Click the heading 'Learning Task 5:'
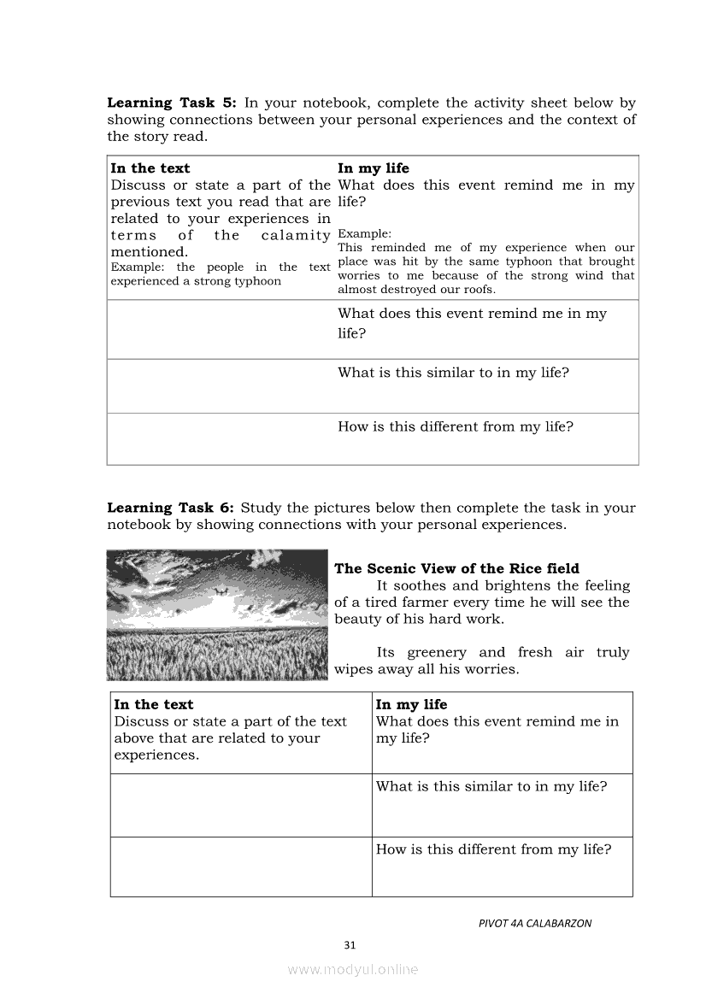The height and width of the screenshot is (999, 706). click(171, 103)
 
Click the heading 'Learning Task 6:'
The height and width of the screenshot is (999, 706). click(171, 508)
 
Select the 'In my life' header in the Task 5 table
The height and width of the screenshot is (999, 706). click(374, 168)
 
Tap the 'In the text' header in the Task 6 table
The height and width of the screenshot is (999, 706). click(154, 705)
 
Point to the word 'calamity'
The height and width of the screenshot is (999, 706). click(295, 236)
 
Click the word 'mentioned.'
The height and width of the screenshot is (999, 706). click(149, 252)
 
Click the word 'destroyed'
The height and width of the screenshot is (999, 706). click(405, 290)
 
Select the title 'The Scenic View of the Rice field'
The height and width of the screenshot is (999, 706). click(456, 569)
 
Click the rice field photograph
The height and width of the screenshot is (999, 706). click(218, 614)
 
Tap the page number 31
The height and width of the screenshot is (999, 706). click(349, 945)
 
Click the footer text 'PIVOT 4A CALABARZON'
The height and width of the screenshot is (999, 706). click(535, 924)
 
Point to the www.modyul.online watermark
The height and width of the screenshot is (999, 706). click(353, 970)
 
